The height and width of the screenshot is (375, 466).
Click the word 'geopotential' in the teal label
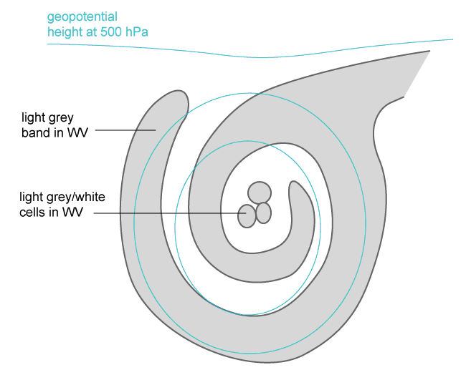click(x=81, y=16)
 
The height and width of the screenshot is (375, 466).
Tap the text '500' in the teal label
click(x=116, y=31)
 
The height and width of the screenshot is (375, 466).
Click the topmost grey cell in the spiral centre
click(x=259, y=192)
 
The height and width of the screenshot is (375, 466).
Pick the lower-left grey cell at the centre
click(x=247, y=215)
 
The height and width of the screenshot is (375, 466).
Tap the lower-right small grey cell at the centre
click(x=264, y=213)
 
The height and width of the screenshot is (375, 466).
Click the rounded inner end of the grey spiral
click(x=297, y=187)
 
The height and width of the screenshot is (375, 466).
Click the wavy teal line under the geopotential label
click(x=251, y=52)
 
